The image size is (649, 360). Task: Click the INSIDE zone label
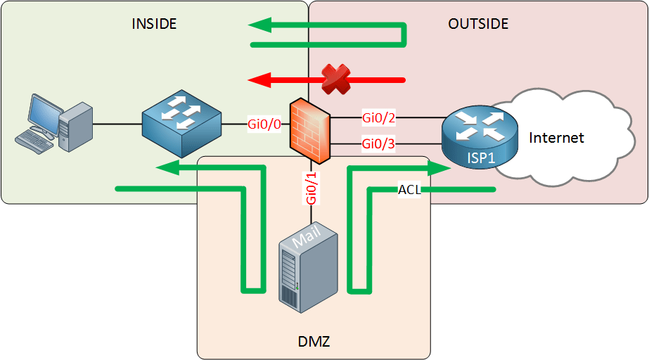click(154, 24)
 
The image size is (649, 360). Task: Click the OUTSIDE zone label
click(478, 24)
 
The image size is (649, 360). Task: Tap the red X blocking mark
click(336, 79)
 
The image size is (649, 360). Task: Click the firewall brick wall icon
click(310, 128)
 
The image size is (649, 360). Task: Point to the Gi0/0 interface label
click(264, 124)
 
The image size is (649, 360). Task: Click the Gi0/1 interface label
click(311, 187)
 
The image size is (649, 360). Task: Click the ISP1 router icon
click(478, 134)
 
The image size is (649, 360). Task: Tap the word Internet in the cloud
click(556, 138)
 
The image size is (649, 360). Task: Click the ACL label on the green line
click(409, 189)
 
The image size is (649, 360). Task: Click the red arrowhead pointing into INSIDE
click(259, 79)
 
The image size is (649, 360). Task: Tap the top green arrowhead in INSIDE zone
click(259, 26)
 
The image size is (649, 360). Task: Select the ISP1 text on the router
click(480, 156)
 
